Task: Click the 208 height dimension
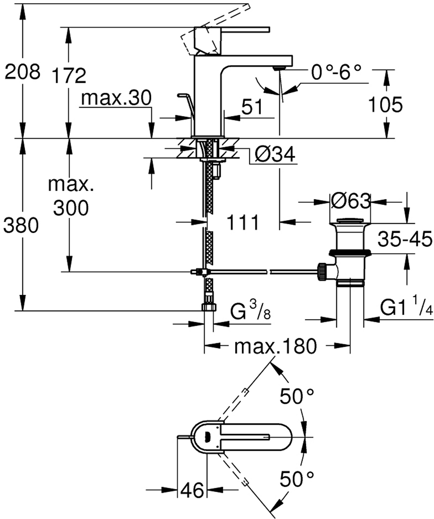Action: pos(22,73)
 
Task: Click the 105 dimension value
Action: pos(385,105)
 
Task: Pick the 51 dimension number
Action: pos(252,107)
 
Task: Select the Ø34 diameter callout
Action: pos(275,154)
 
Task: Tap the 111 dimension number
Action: pos(242,222)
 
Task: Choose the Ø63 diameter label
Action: pos(350,201)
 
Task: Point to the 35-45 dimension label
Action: pos(404,240)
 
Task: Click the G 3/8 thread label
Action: pos(250,311)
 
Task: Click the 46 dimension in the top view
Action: pos(193,491)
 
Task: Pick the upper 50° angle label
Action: pos(297,396)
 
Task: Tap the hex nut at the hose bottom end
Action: pos(208,307)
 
